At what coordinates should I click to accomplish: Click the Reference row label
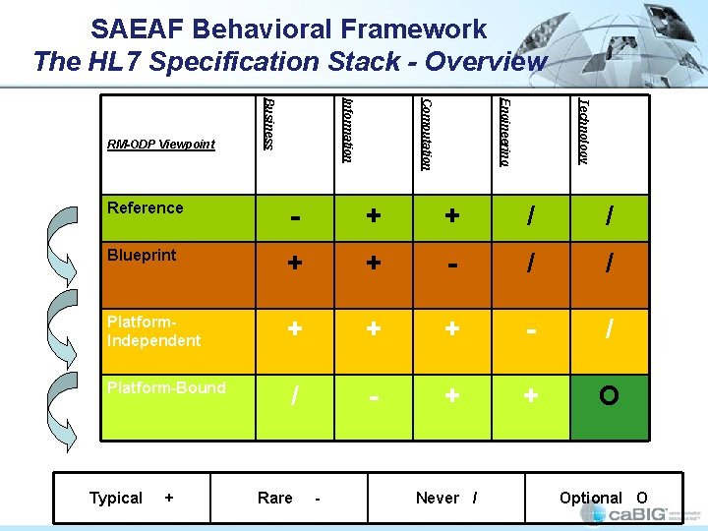(x=146, y=207)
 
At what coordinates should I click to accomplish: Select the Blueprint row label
(x=142, y=255)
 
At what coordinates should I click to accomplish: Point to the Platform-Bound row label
(x=166, y=387)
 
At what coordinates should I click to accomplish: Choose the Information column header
(x=347, y=129)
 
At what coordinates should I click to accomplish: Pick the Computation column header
(x=426, y=133)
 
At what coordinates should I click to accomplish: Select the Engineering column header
(x=504, y=131)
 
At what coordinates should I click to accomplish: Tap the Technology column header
(x=583, y=130)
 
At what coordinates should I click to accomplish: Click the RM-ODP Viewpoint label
(x=161, y=145)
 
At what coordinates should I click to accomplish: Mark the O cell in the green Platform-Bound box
(x=609, y=396)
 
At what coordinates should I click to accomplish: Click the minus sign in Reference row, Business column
(x=294, y=215)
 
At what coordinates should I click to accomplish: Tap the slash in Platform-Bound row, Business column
(x=294, y=396)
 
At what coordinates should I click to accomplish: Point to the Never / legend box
(x=446, y=498)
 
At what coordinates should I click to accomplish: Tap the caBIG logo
(x=643, y=514)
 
